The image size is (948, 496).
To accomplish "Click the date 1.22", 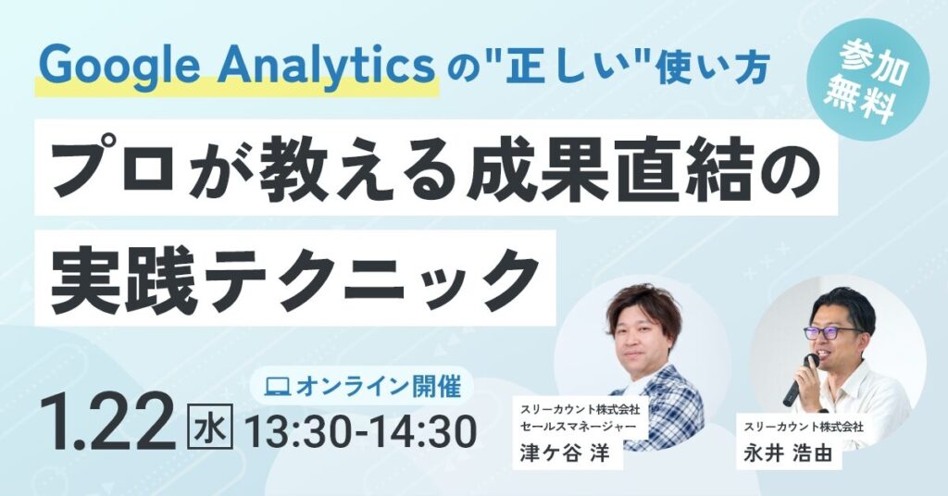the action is click(x=109, y=422).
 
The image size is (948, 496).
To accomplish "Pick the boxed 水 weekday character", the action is click(x=210, y=429).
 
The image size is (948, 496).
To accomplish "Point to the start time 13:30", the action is click(x=303, y=431).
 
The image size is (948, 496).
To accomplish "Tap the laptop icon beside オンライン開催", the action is click(x=280, y=385).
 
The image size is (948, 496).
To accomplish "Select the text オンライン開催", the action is click(x=379, y=386).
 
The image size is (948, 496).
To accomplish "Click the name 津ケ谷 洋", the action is click(x=564, y=453).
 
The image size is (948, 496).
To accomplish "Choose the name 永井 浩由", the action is click(x=788, y=453).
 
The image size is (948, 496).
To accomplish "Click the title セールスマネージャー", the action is click(x=577, y=426).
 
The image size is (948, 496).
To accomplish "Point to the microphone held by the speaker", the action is click(x=801, y=379).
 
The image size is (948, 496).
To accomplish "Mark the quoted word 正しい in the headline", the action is click(x=554, y=68).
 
